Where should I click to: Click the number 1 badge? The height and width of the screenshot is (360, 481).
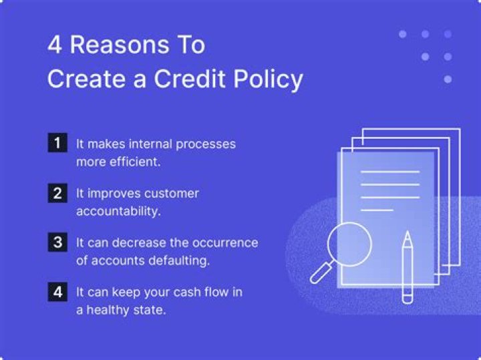57,143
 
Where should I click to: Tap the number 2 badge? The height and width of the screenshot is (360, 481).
57,193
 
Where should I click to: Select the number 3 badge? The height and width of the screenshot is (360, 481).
57,242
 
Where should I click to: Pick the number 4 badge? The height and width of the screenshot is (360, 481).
57,292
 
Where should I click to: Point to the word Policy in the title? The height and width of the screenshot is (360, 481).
267,79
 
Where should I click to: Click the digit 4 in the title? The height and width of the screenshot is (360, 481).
55,45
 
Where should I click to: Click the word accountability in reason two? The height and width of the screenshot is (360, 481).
119,211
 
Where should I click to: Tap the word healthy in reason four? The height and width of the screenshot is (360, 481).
116,311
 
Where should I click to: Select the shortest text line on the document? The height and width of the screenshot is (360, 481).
377,210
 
